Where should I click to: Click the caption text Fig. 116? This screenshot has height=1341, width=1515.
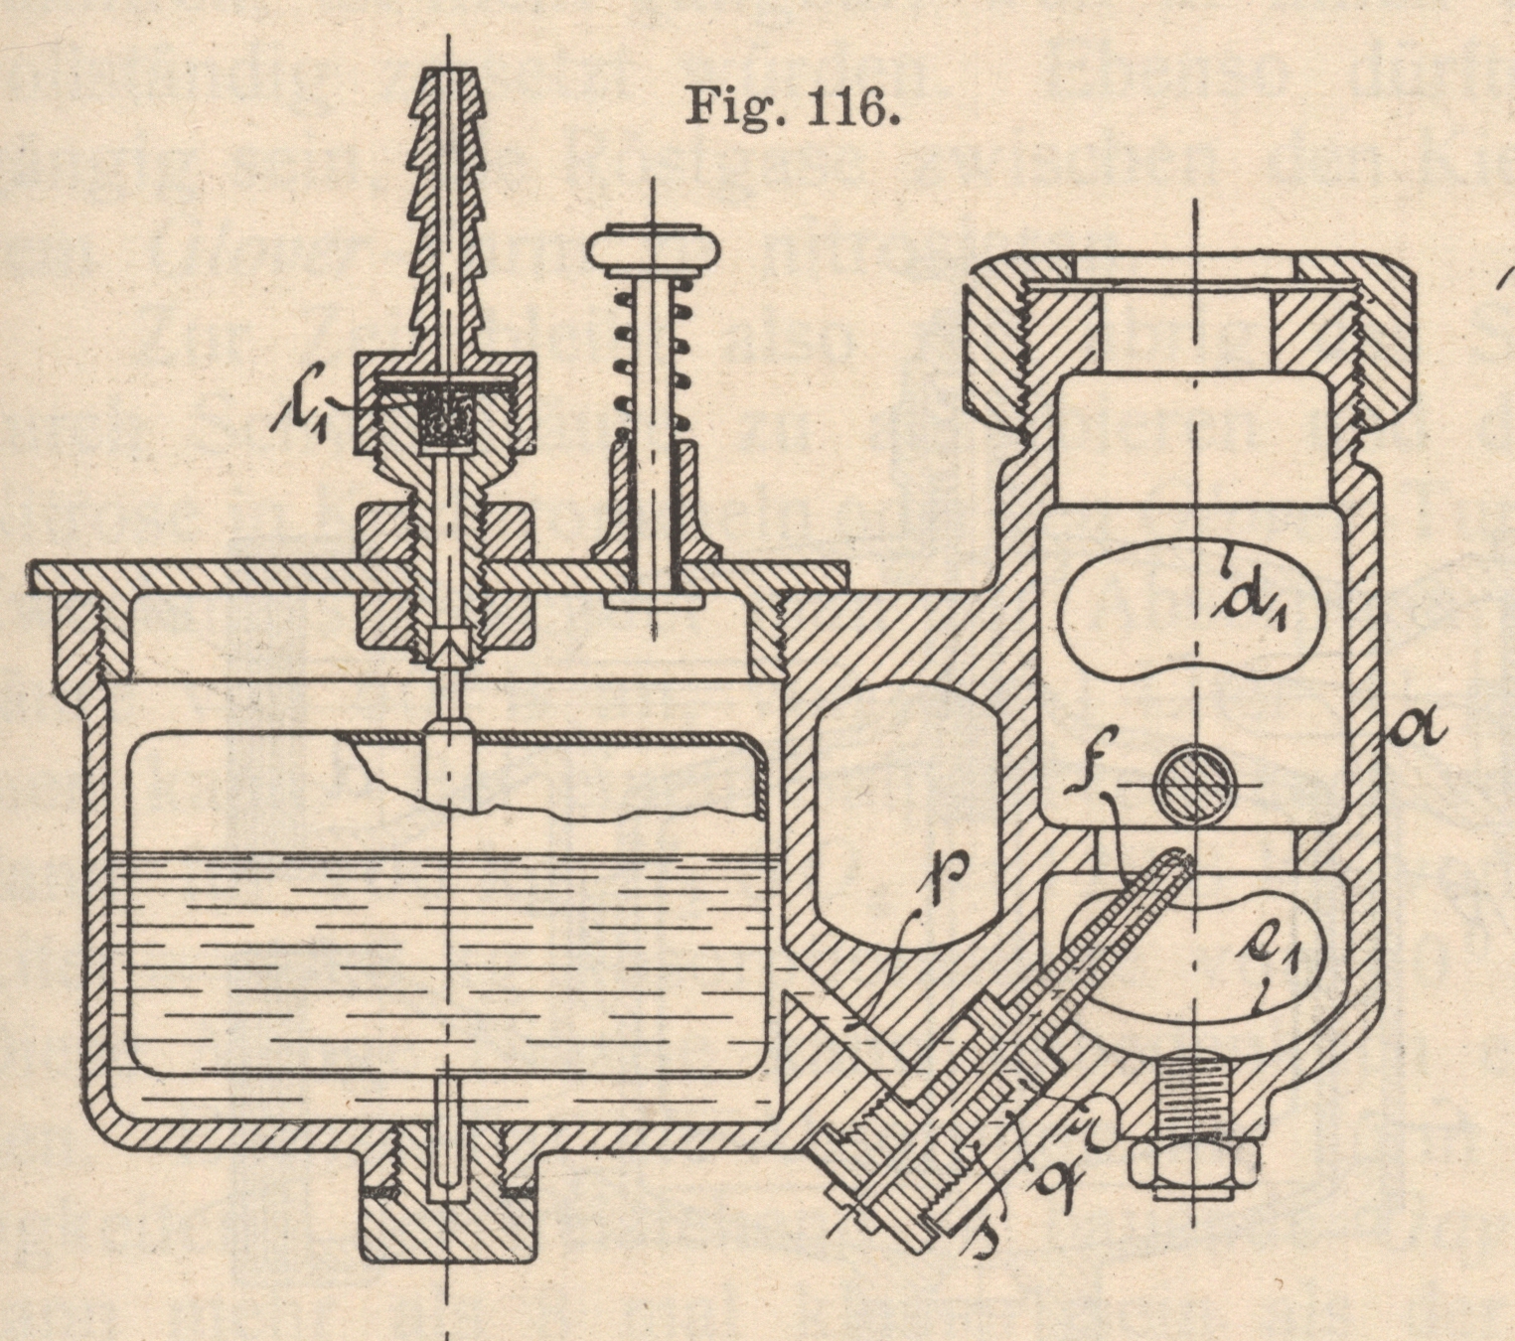click(792, 106)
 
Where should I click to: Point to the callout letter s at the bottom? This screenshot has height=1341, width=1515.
click(986, 1230)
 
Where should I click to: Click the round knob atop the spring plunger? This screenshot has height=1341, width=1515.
click(652, 249)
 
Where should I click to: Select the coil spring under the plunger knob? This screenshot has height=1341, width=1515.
click(652, 368)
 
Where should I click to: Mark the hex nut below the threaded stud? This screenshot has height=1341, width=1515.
click(1193, 1166)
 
